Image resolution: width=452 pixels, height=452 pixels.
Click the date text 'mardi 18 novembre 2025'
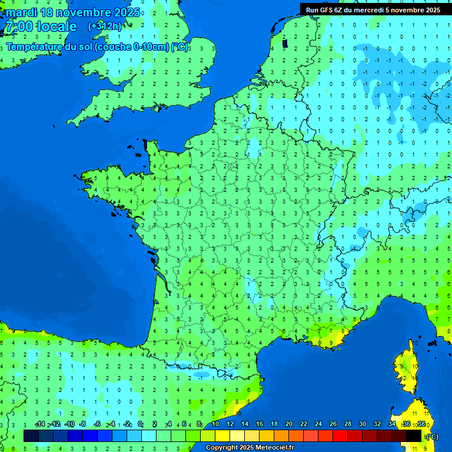point(73,12)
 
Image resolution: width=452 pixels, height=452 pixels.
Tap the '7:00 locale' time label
point(41,26)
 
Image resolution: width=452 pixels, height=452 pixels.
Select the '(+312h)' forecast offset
point(105,26)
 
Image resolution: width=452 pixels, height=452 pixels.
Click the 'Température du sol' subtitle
point(97,46)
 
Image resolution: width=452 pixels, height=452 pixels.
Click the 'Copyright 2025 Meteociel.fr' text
point(250,447)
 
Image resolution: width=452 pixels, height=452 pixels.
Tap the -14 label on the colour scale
point(40,424)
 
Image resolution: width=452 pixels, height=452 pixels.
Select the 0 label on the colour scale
point(140,424)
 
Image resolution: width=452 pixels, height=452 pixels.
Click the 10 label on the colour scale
point(215,424)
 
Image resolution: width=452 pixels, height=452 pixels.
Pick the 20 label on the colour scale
point(289,424)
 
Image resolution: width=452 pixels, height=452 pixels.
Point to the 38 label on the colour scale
point(421,424)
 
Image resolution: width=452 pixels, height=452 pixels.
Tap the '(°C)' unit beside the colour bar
point(431,436)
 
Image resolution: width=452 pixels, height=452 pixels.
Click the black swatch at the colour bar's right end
point(414,436)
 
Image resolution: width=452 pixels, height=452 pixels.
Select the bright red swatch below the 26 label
point(340,436)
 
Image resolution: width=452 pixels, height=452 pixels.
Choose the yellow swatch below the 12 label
point(222,436)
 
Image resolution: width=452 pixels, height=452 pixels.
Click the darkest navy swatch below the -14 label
point(31,436)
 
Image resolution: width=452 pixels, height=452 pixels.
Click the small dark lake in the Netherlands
point(285,43)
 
